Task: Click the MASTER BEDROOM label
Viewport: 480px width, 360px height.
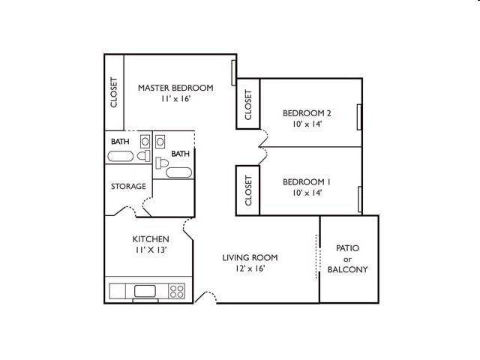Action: (175, 88)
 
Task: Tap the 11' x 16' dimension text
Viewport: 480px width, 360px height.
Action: (175, 99)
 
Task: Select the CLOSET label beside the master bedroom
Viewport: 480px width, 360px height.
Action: (114, 92)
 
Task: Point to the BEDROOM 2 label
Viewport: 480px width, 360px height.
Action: (307, 113)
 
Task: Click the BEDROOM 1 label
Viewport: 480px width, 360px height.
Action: (307, 181)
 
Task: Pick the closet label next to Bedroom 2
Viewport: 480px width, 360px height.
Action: (248, 106)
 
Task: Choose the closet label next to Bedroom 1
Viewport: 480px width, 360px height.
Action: (248, 190)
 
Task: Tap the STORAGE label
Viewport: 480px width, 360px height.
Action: (128, 186)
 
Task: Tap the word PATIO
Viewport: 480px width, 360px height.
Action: (348, 247)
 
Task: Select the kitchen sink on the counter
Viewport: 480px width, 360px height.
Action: (144, 291)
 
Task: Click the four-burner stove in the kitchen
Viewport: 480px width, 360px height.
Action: (177, 291)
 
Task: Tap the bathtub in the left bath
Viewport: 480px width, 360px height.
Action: (120, 157)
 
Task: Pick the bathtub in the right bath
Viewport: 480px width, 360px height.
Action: (178, 172)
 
